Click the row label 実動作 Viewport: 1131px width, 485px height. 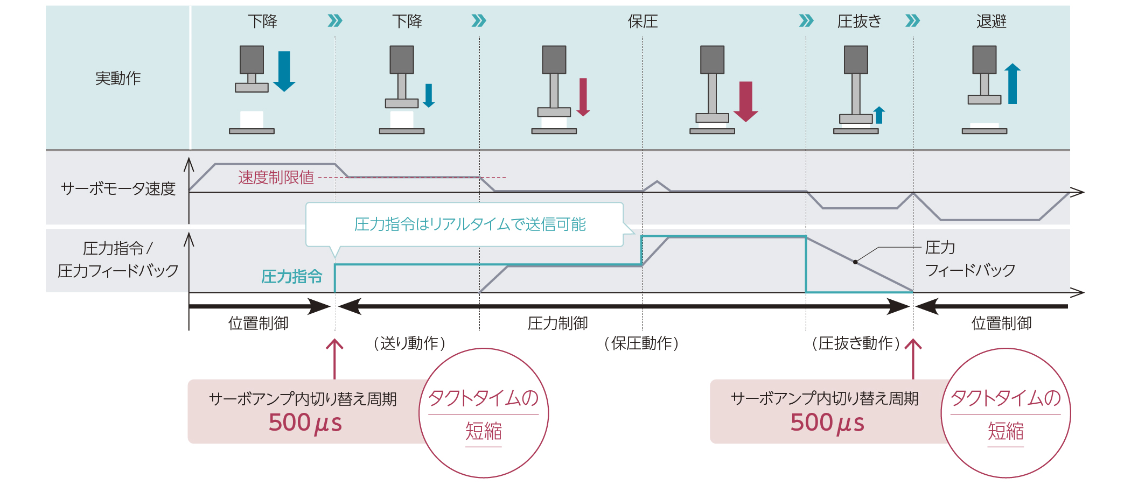tap(118, 79)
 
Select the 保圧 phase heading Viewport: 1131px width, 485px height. tap(643, 22)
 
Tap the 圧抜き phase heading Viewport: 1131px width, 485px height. tap(859, 22)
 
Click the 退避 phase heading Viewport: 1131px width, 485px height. tap(991, 22)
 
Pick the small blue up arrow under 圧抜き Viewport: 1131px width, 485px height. tap(879, 115)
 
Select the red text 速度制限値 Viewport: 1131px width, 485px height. tap(276, 178)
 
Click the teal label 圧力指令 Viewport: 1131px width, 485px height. tap(291, 277)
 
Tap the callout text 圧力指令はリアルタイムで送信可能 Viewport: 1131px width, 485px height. tap(470, 224)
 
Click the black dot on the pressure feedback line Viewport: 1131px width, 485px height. tap(855, 262)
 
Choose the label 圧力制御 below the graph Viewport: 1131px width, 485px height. tap(557, 324)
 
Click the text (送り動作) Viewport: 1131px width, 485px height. tap(409, 343)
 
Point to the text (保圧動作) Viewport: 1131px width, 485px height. tap(641, 343)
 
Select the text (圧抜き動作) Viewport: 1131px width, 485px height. tap(855, 343)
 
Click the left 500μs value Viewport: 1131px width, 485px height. tap(305, 423)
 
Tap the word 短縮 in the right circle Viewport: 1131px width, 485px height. tap(1005, 431)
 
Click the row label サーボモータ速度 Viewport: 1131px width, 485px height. tap(118, 189)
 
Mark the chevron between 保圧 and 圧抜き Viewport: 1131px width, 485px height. tap(806, 21)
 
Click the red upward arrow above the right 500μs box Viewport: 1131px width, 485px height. tap(913, 358)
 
